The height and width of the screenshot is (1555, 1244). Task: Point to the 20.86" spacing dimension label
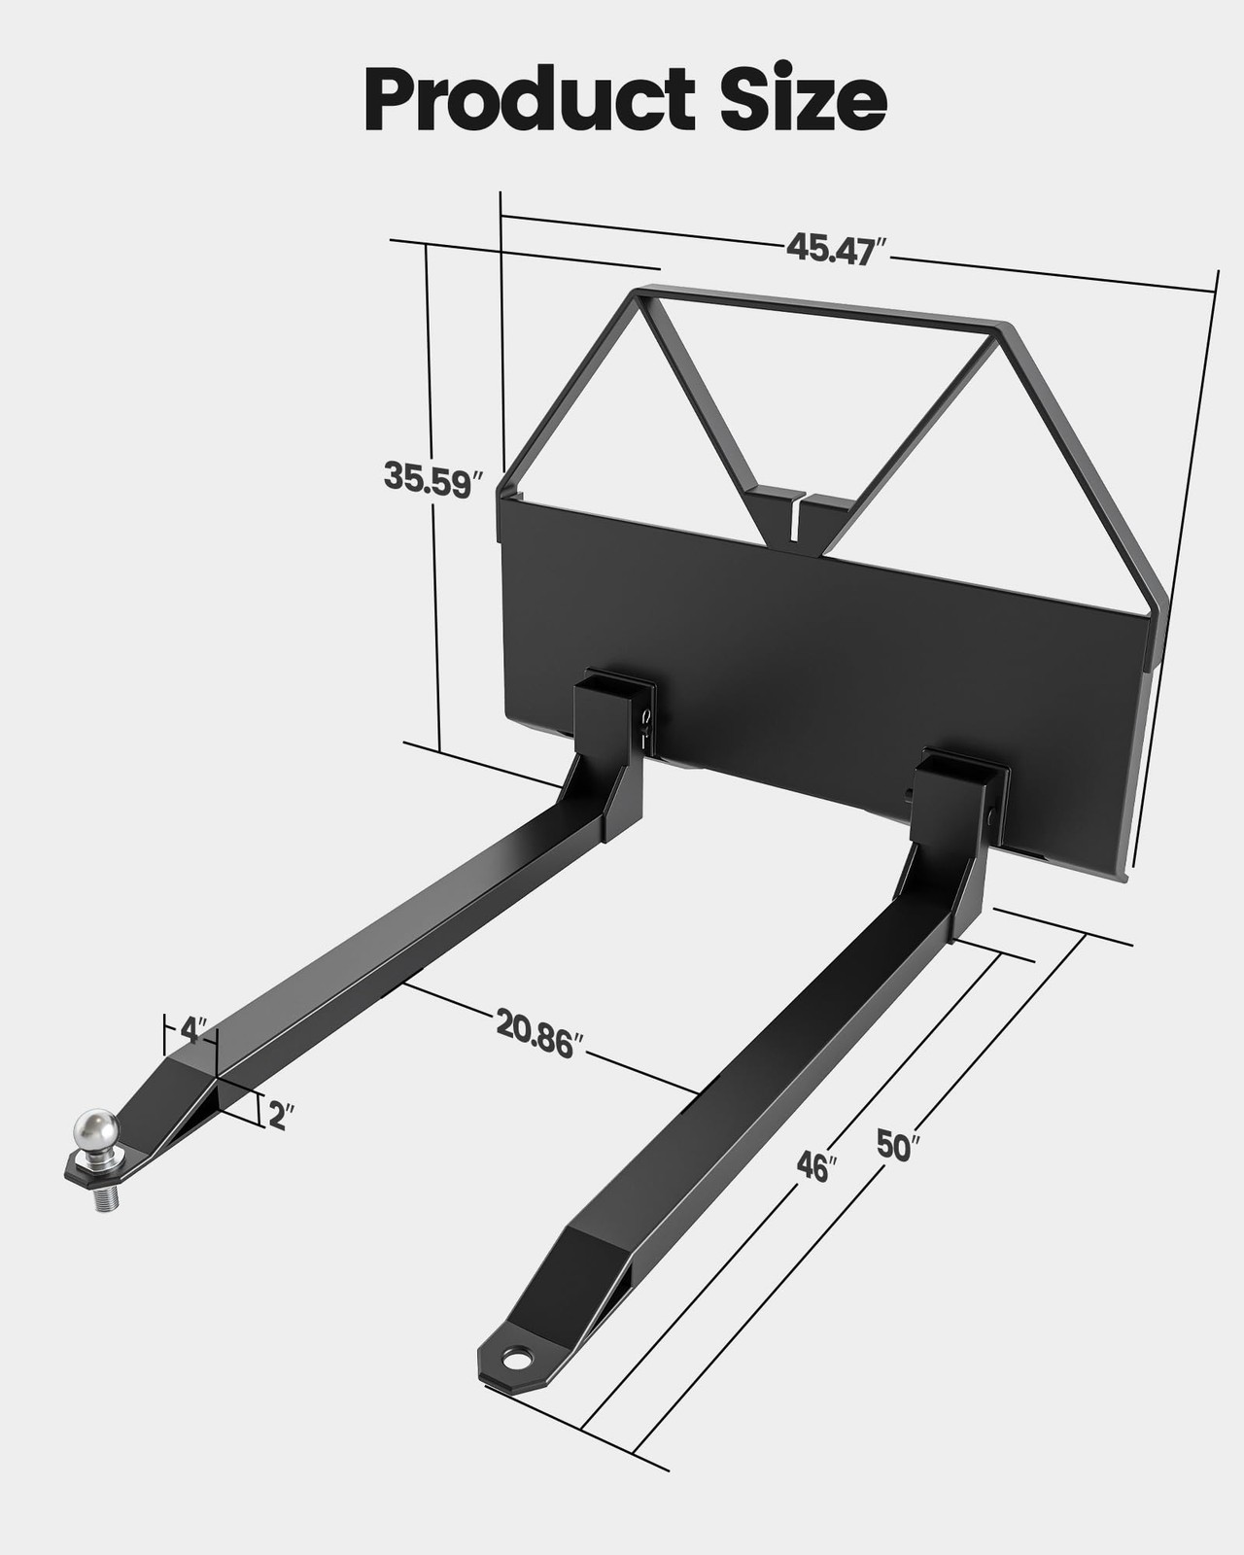point(539,1033)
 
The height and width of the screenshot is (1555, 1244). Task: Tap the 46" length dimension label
point(815,1166)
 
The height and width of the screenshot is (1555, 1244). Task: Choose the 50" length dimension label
point(896,1145)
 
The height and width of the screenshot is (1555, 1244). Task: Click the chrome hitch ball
point(96,1131)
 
